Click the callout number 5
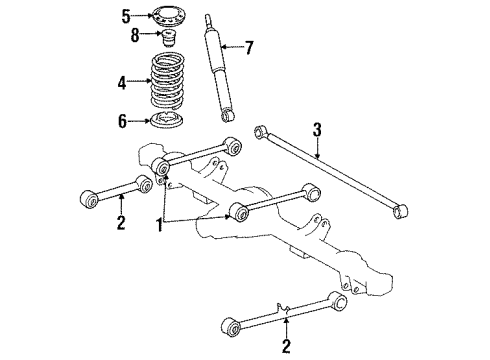point(126,16)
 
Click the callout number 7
point(251,46)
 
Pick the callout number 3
point(316,128)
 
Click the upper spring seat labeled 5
point(169,17)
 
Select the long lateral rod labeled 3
point(330,171)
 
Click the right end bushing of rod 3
point(401,211)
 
